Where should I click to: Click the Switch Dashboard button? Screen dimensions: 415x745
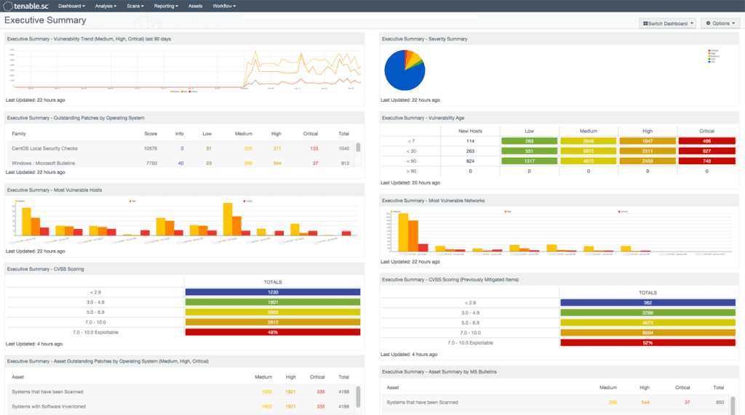(667, 23)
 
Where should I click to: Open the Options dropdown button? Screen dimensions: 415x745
(720, 23)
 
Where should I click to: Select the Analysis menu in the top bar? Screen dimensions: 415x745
(105, 6)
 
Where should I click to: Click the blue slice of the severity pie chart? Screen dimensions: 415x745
(404, 73)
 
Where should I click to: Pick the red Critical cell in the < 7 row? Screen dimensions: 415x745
(706, 141)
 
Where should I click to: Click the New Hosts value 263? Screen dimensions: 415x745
(470, 151)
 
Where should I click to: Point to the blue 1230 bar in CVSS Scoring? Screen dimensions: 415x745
(273, 292)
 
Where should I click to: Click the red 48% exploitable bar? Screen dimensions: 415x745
(273, 332)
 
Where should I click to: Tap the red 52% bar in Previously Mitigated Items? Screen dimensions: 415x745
(648, 342)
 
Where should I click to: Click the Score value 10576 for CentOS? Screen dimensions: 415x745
(151, 148)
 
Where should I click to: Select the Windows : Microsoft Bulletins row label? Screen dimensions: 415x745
(43, 163)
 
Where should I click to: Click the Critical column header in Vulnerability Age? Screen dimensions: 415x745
(706, 131)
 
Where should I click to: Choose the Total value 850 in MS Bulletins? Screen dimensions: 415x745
(720, 402)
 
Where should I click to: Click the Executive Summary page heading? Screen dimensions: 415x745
(45, 20)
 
